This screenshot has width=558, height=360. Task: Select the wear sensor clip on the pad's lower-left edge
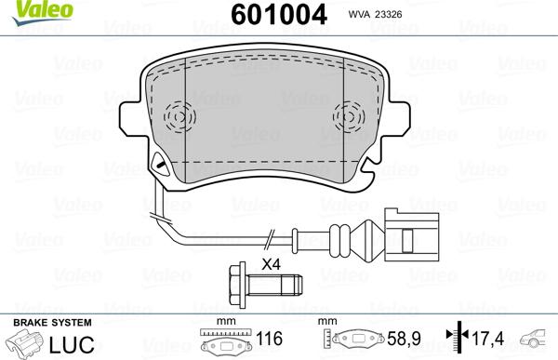coord(159,168)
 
